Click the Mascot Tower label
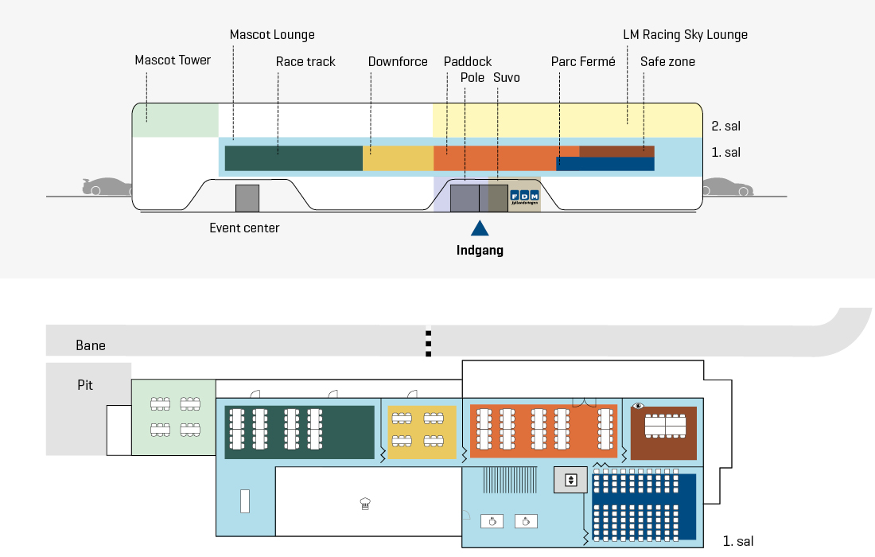tap(173, 60)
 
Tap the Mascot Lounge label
tap(272, 34)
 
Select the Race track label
tap(305, 61)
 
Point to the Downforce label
tap(398, 61)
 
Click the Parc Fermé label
tap(583, 61)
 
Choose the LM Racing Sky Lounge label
tap(685, 34)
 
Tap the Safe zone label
tap(667, 61)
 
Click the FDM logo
tap(524, 197)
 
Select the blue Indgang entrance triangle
tap(480, 228)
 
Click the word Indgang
tap(480, 250)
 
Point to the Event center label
tap(244, 228)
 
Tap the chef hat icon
tap(366, 504)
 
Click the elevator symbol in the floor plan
tap(570, 480)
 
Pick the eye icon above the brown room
tap(639, 406)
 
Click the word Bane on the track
tap(91, 345)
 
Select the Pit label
tap(85, 385)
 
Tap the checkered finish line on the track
tap(429, 341)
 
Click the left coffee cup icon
tap(492, 521)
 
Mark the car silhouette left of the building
tap(107, 186)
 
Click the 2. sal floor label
tap(726, 127)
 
